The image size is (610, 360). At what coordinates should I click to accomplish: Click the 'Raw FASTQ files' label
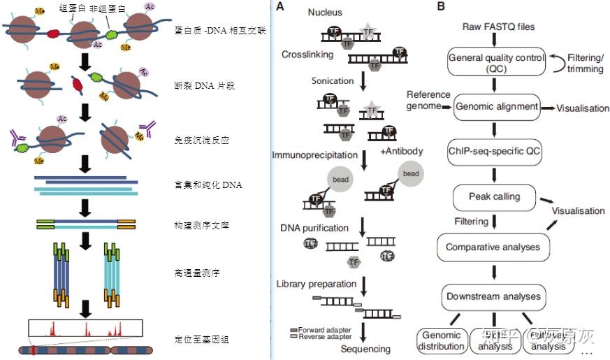coord(498,27)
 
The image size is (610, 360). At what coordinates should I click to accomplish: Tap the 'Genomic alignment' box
coord(496,108)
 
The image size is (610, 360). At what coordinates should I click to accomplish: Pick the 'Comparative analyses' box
coord(493,247)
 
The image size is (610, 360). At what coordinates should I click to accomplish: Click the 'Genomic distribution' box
coord(442,340)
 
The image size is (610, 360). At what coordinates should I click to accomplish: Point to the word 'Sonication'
coord(333,81)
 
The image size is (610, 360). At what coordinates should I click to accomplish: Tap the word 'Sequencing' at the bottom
coord(365,349)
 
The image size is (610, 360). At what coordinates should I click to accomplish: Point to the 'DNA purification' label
coord(314,228)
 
